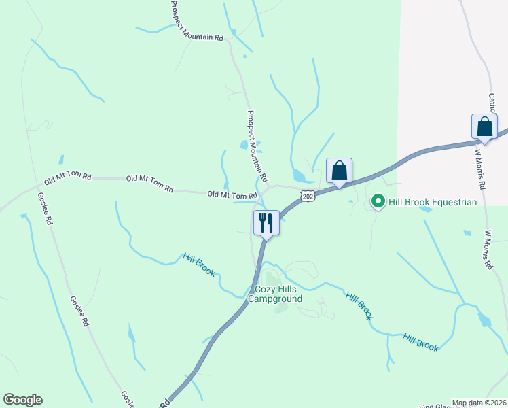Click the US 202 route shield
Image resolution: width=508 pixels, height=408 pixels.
pyautogui.click(x=308, y=196)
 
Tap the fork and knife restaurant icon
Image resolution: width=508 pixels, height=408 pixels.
pyautogui.click(x=266, y=222)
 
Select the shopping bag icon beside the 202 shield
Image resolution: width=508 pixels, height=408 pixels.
pyautogui.click(x=339, y=171)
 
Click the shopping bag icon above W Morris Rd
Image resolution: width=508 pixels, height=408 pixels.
pyautogui.click(x=484, y=126)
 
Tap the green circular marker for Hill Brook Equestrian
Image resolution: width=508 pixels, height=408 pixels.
pyautogui.click(x=378, y=202)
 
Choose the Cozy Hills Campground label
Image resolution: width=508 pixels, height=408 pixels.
pyautogui.click(x=274, y=293)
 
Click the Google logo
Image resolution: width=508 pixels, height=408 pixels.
pyautogui.click(x=22, y=400)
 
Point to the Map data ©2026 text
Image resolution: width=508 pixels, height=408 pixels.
pyautogui.click(x=478, y=403)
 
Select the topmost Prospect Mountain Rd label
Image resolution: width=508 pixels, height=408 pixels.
pyautogui.click(x=197, y=21)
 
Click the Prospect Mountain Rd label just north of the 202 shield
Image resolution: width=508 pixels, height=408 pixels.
pyautogui.click(x=257, y=143)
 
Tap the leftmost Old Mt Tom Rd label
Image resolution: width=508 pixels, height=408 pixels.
pyautogui.click(x=67, y=180)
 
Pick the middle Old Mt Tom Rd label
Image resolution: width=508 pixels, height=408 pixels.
pyautogui.click(x=149, y=184)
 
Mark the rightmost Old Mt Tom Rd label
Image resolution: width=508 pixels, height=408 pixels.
pyautogui.click(x=232, y=195)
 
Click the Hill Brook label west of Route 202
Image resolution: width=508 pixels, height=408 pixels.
pyautogui.click(x=199, y=265)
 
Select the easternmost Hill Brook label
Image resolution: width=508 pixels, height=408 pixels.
pyautogui.click(x=420, y=341)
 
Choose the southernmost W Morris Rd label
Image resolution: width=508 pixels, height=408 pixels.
pyautogui.click(x=488, y=250)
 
